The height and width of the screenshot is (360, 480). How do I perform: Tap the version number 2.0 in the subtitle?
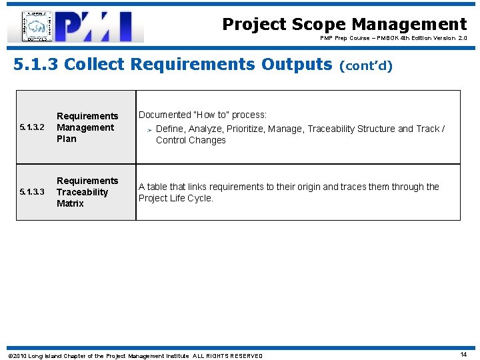tap(461, 39)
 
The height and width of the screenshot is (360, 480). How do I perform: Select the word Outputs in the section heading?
tap(297, 64)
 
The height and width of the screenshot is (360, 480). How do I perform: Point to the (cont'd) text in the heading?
tap(366, 65)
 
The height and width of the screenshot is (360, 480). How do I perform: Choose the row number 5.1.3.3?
tap(32, 193)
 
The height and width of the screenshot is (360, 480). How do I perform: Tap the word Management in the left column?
tap(85, 127)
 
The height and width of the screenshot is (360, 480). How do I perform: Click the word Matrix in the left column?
tap(70, 203)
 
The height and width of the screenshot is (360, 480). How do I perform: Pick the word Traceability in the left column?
tap(82, 192)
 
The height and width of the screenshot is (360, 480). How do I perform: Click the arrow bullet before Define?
tap(149, 129)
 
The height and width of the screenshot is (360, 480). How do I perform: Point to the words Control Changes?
tap(191, 140)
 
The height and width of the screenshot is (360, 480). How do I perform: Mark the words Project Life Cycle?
tap(175, 198)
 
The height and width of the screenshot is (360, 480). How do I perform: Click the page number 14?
tap(463, 355)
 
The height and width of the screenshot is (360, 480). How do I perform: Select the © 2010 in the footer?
tap(17, 356)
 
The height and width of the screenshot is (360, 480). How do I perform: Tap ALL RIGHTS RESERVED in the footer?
tap(228, 356)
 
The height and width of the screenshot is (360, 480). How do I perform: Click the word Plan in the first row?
tap(67, 139)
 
